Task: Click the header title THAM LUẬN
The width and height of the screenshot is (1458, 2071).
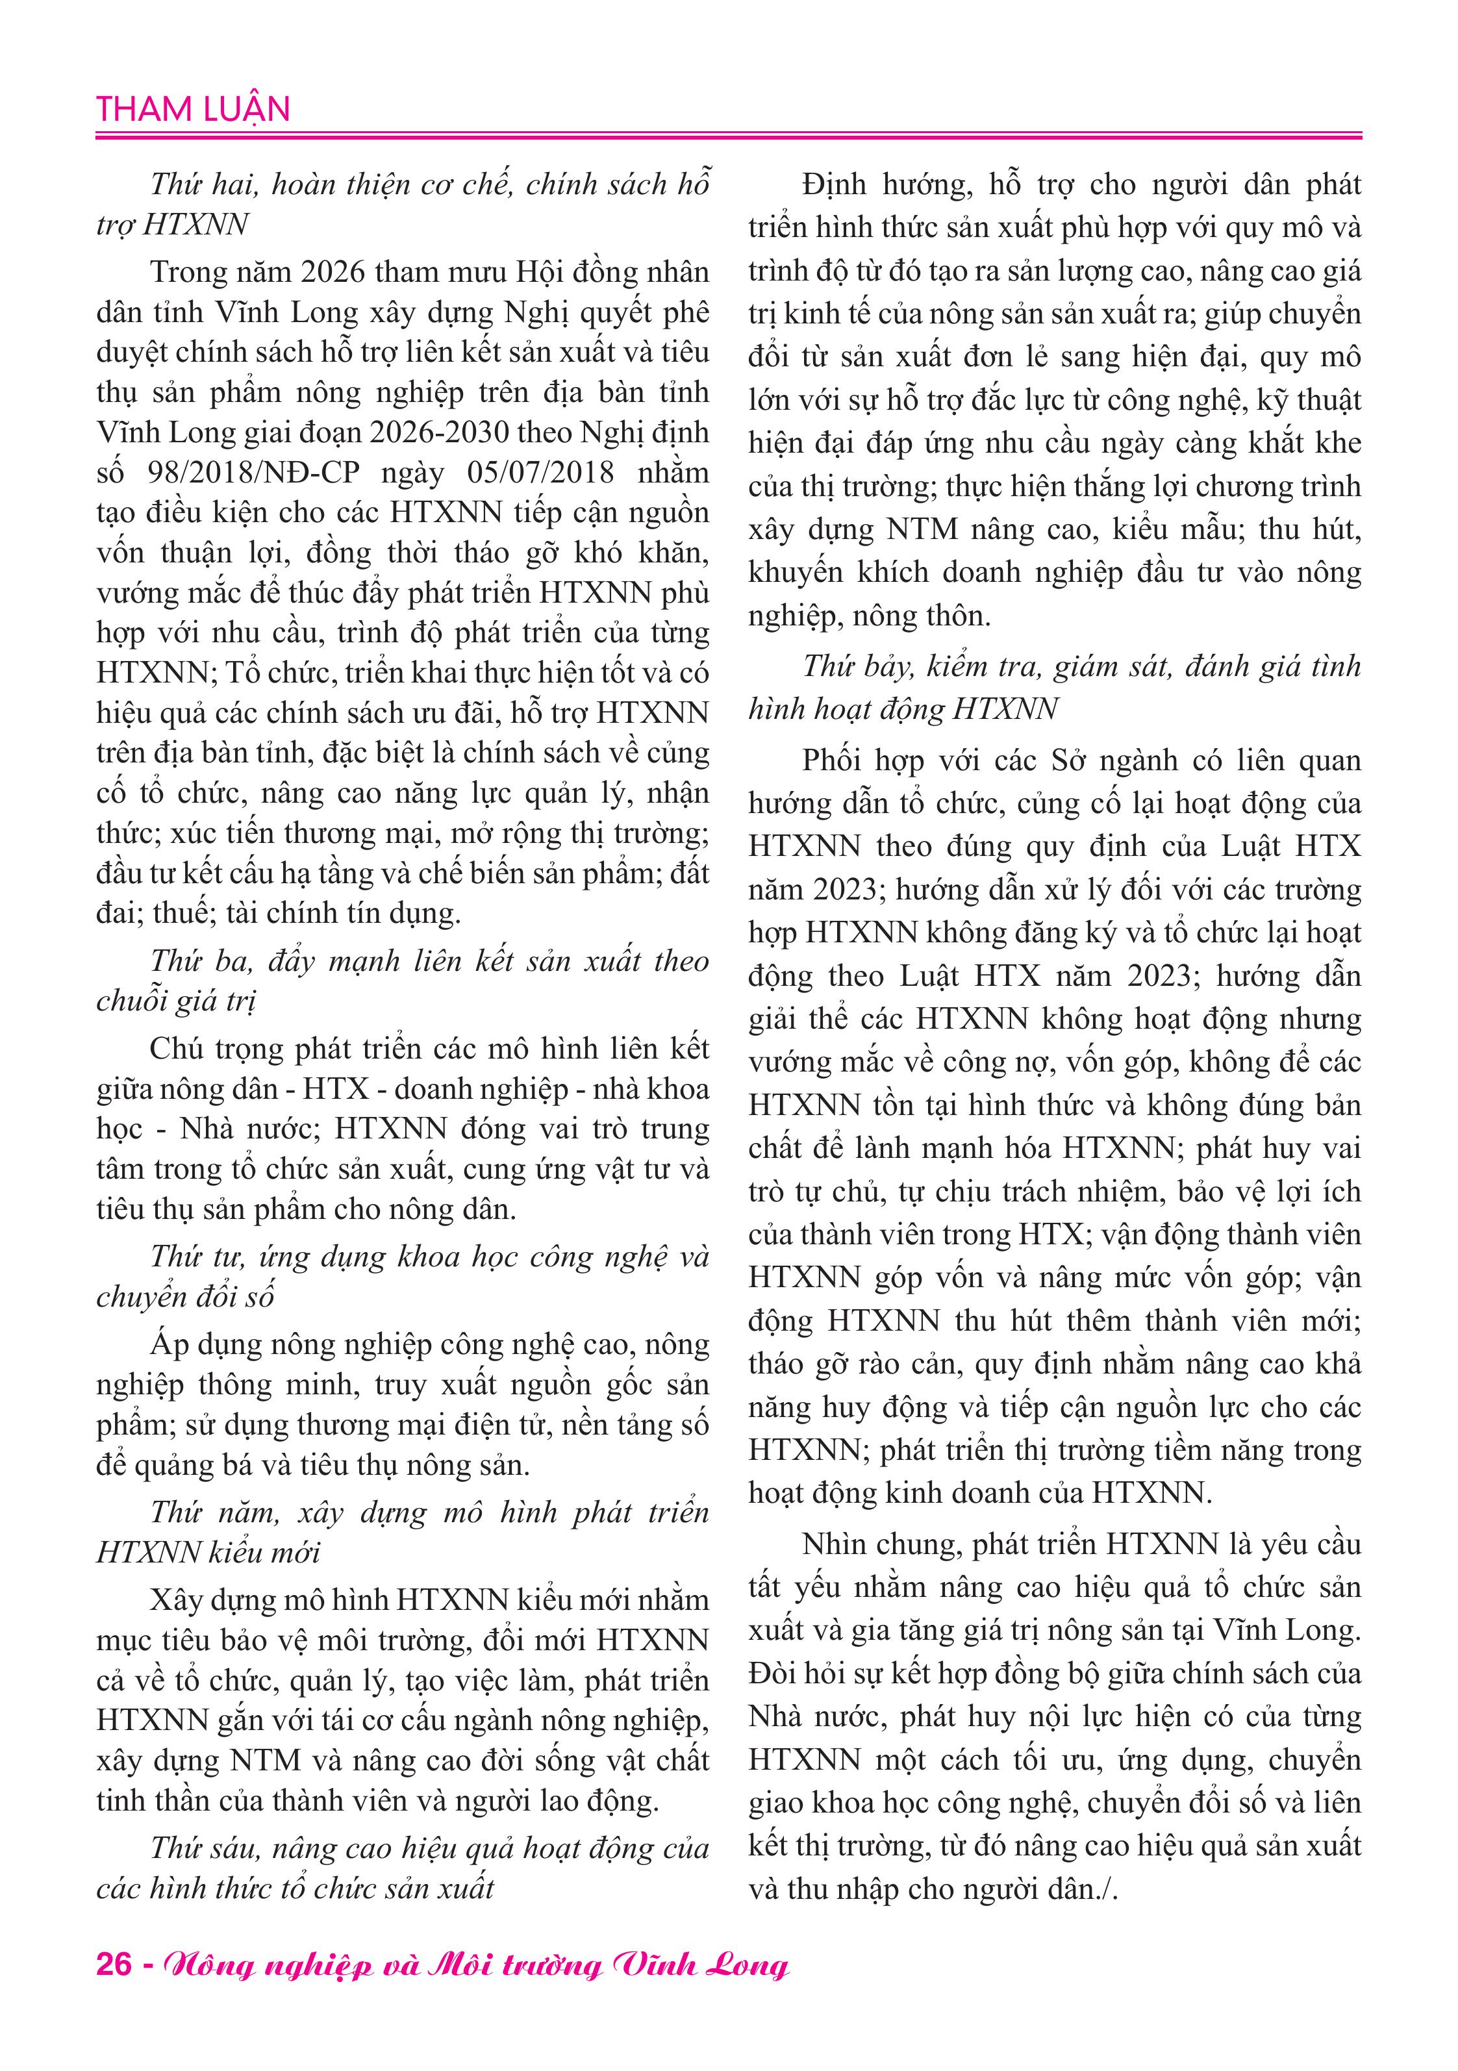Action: pos(193,109)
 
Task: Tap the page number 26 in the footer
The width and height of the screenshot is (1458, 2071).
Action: pos(114,1964)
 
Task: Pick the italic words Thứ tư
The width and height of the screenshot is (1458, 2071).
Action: pos(197,1257)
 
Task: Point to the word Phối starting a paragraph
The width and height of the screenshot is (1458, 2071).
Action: pos(831,760)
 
